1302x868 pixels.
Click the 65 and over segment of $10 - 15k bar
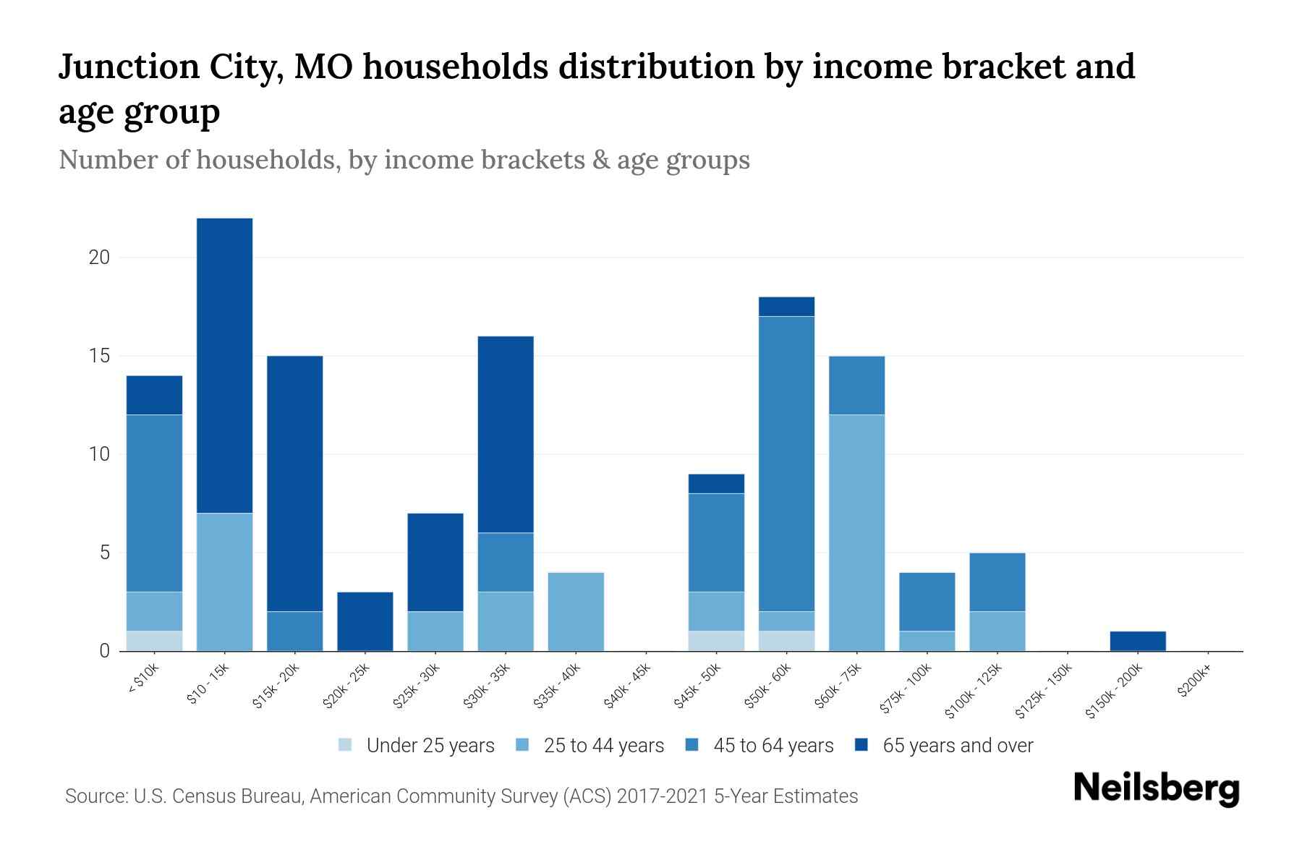click(x=225, y=365)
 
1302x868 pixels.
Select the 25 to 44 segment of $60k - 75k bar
click(x=856, y=532)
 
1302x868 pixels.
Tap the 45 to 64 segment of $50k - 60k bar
click(x=786, y=464)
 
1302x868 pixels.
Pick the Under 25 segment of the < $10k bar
click(x=154, y=641)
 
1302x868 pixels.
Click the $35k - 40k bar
click(x=576, y=612)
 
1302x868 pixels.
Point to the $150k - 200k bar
click(x=1138, y=642)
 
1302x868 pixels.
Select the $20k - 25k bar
click(x=365, y=621)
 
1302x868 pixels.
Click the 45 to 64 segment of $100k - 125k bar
click(x=997, y=582)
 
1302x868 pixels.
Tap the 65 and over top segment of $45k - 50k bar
click(x=716, y=483)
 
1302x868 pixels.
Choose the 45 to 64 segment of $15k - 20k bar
click(x=295, y=631)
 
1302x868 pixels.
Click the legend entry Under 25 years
click(x=417, y=746)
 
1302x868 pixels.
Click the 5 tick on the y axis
click(x=104, y=553)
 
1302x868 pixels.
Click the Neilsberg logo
click(x=1156, y=788)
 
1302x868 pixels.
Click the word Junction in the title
click(x=129, y=67)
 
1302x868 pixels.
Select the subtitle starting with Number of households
click(x=404, y=160)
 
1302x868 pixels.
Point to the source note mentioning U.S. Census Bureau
click(x=461, y=796)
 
